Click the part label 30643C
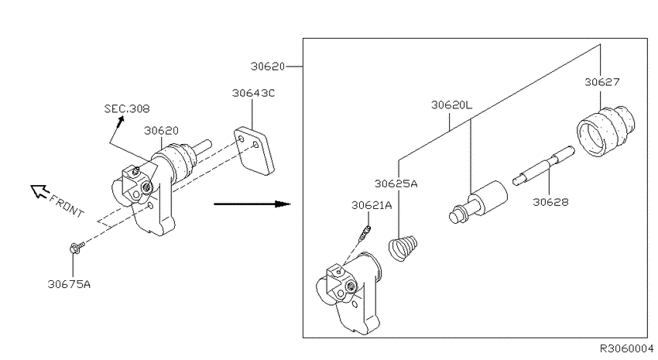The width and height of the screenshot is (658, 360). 253,93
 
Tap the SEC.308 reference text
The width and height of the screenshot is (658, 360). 127,108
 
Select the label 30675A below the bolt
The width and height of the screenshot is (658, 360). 69,284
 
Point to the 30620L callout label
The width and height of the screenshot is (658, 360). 451,105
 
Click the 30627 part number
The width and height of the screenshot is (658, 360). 602,82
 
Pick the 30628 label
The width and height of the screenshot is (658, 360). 550,202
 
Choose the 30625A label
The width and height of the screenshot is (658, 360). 396,183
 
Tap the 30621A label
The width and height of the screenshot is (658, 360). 372,204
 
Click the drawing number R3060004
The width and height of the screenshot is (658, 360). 626,348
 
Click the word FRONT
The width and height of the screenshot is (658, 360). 67,207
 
